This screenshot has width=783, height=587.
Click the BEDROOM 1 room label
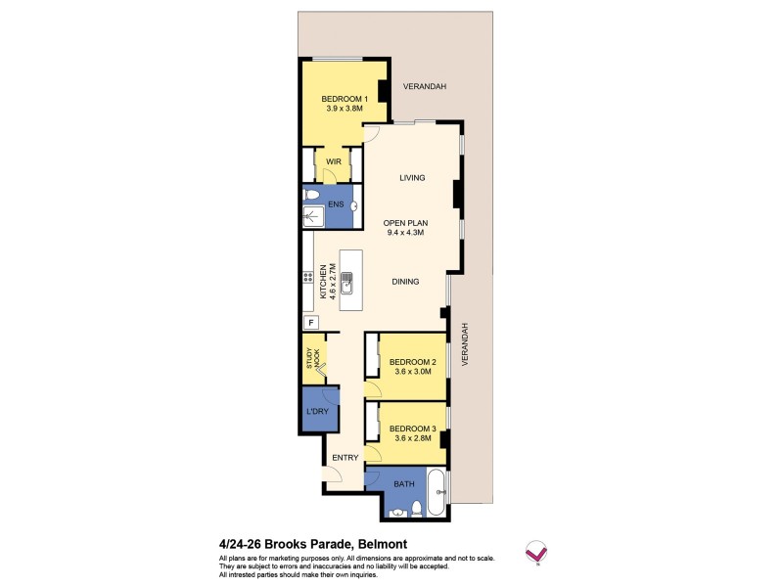point(344,99)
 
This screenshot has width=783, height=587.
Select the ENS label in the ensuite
point(334,205)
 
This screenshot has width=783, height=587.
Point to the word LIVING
point(411,178)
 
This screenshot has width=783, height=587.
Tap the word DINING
point(405,282)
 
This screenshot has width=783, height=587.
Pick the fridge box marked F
point(311,323)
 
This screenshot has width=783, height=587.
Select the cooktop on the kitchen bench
point(308,277)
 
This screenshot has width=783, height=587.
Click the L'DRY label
point(317,411)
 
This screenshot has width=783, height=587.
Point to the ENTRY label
point(345,458)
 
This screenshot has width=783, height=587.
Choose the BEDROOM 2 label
point(412,362)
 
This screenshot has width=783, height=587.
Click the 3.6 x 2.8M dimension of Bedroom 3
point(412,439)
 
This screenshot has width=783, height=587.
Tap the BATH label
point(403,482)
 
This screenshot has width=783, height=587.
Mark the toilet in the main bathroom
point(418,507)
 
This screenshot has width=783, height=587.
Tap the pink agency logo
point(535,552)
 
